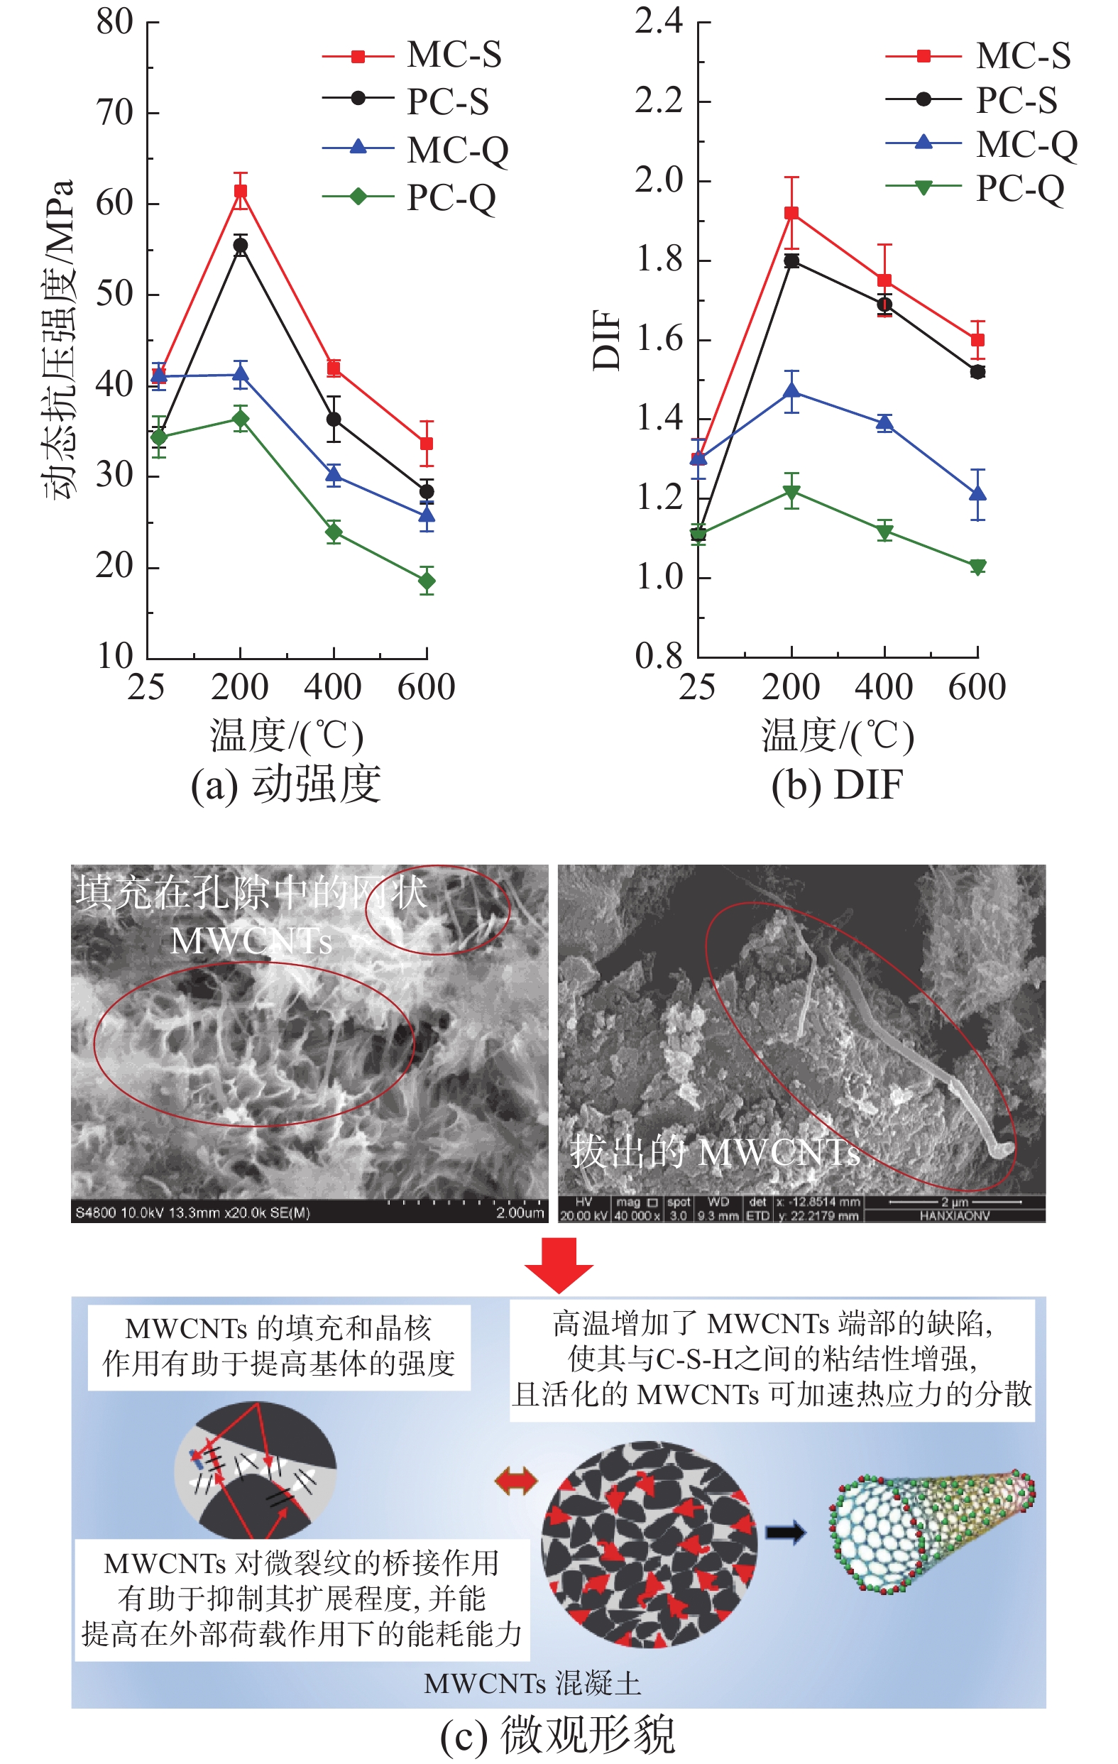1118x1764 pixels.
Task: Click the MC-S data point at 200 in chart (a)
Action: pyautogui.click(x=241, y=192)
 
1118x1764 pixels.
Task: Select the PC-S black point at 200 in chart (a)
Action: pyautogui.click(x=241, y=246)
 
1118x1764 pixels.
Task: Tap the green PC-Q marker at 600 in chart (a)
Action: pyautogui.click(x=427, y=581)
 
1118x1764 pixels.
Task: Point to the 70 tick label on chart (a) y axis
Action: pyautogui.click(x=115, y=113)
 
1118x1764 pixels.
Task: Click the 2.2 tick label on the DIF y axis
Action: pyautogui.click(x=659, y=100)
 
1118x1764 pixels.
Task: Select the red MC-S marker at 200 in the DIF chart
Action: pyautogui.click(x=791, y=213)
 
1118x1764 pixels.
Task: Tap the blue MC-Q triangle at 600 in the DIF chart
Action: pyautogui.click(x=977, y=494)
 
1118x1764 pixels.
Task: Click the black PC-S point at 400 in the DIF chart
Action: pyautogui.click(x=884, y=304)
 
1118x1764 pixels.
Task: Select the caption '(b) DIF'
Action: pyautogui.click(x=837, y=784)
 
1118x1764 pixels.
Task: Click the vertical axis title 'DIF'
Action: pyautogui.click(x=607, y=340)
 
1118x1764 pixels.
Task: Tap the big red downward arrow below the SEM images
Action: pyautogui.click(x=559, y=1264)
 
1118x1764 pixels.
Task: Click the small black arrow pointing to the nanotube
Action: pyautogui.click(x=785, y=1532)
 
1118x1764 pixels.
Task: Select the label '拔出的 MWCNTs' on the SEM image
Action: pyautogui.click(x=714, y=1151)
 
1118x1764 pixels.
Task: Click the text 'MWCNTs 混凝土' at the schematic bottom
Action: pyautogui.click(x=532, y=1683)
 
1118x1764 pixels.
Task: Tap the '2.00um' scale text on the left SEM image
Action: pyautogui.click(x=520, y=1212)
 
